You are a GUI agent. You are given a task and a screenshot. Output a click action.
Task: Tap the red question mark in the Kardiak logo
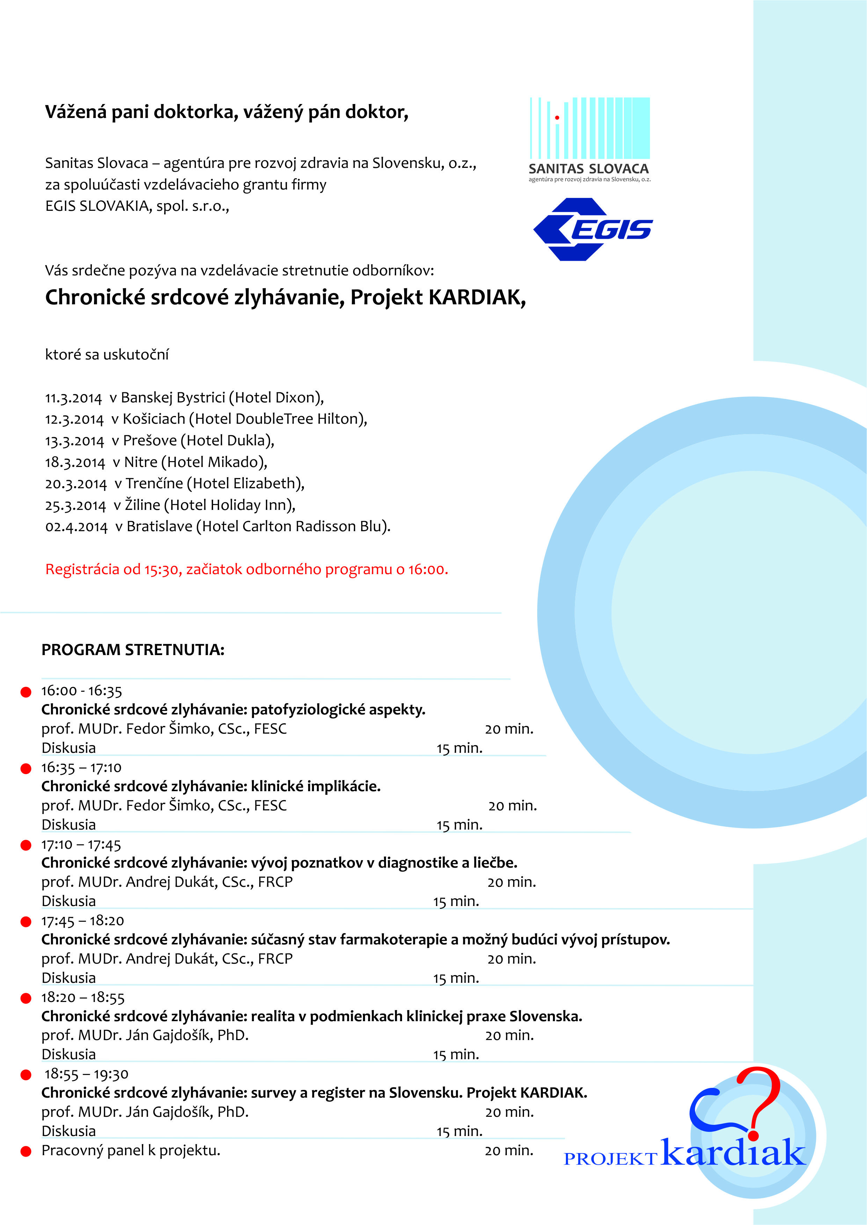point(758,1099)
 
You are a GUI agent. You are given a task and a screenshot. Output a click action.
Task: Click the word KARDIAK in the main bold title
point(476,297)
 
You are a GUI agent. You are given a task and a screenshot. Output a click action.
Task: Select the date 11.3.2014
point(73,398)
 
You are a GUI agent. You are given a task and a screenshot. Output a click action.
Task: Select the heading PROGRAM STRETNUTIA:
point(133,650)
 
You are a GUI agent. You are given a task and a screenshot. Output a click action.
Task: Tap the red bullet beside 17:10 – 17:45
point(25,845)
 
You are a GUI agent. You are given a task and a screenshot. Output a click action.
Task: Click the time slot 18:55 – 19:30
point(86,1074)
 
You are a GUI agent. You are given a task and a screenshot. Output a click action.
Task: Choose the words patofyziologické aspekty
point(338,710)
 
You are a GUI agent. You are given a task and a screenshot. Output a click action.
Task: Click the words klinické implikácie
point(315,786)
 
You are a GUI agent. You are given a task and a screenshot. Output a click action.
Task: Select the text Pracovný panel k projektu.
point(131,1150)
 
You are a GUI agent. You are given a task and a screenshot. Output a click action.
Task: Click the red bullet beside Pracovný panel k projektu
point(25,1151)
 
